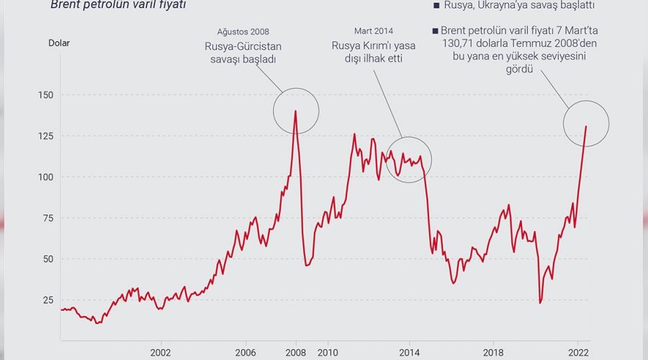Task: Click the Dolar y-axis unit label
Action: [59, 42]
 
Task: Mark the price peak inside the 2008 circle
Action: [295, 111]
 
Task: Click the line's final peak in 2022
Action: [586, 127]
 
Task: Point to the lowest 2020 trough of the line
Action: [540, 303]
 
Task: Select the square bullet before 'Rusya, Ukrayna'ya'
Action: [436, 5]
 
